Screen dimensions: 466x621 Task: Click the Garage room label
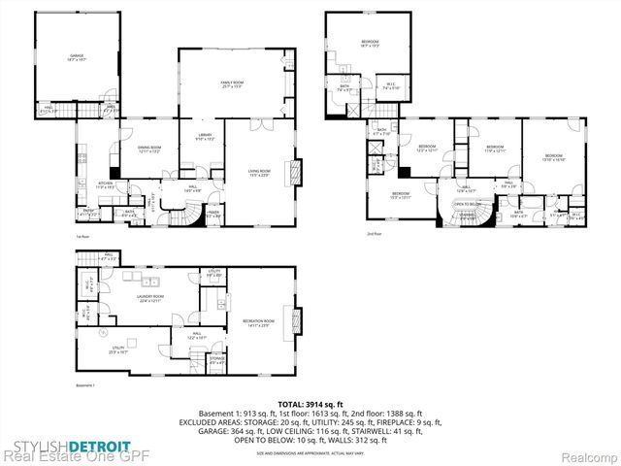click(77, 57)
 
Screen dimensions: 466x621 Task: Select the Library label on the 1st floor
click(205, 137)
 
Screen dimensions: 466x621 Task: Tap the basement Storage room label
click(216, 360)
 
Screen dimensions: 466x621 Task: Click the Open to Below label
click(468, 205)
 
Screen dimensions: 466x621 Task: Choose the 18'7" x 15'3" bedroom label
click(370, 43)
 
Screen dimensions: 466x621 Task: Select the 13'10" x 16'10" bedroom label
click(553, 157)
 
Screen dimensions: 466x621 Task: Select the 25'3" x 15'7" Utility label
click(119, 348)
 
